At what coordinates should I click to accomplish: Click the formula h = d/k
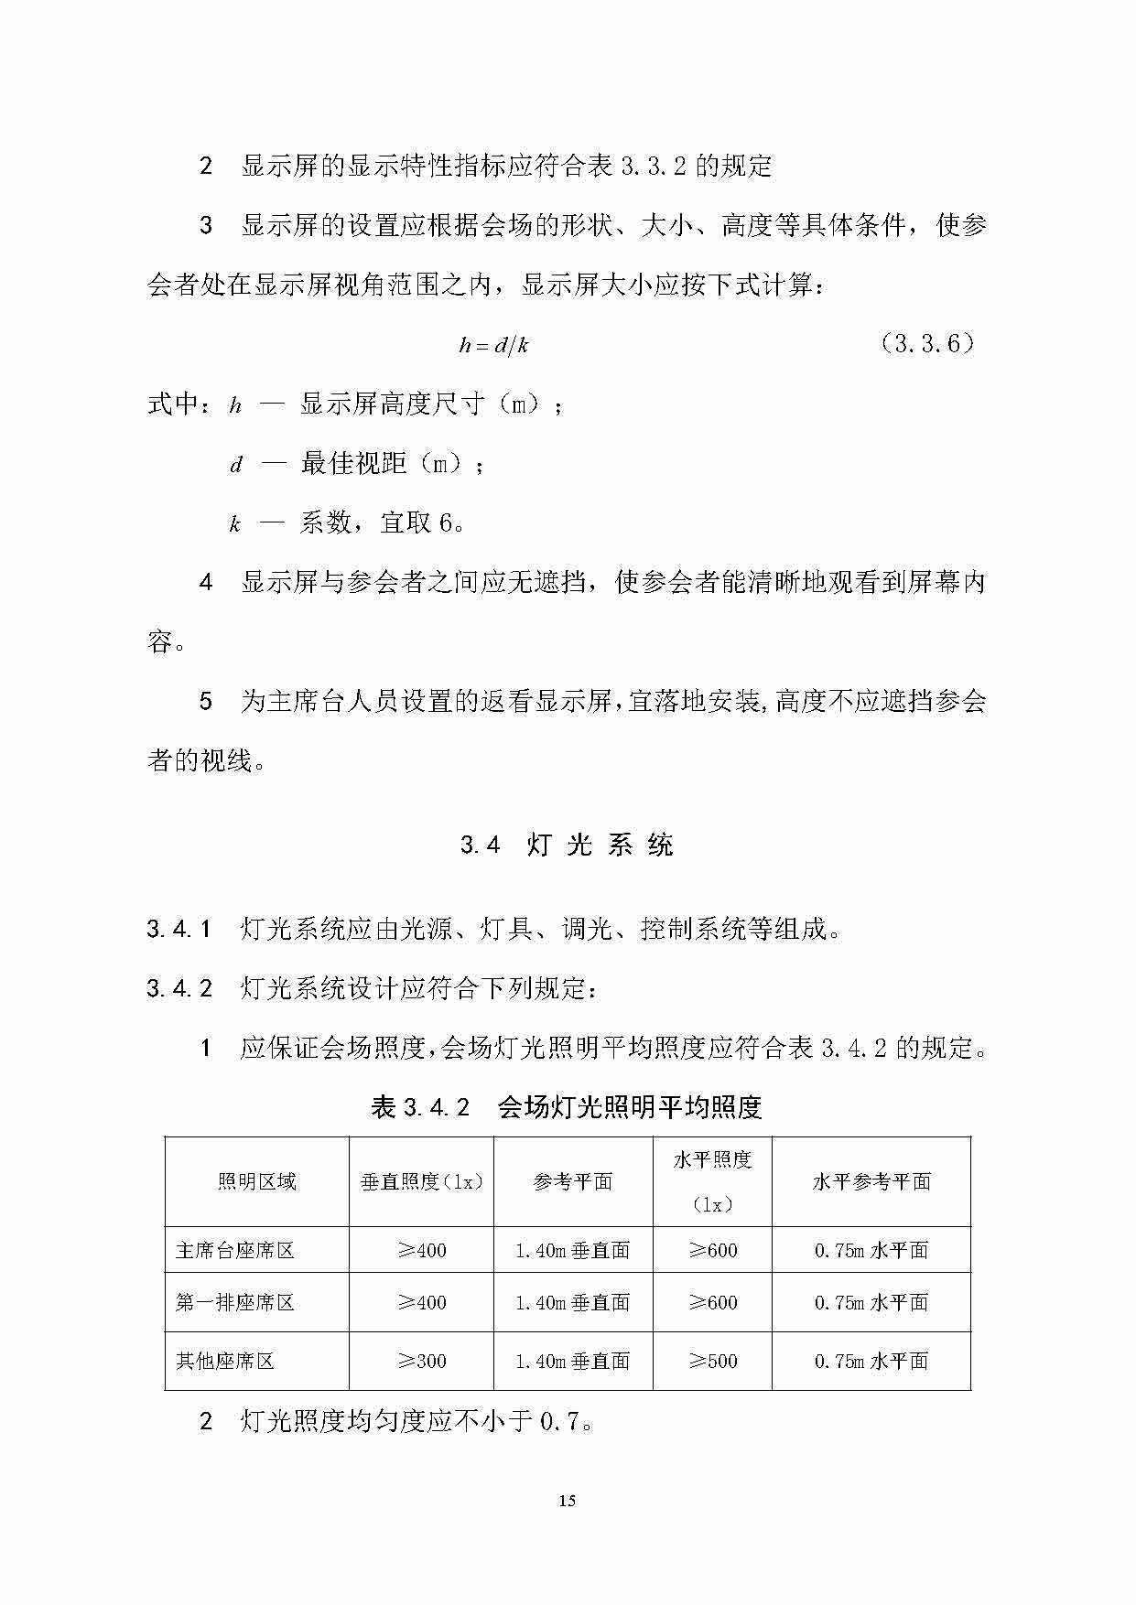pyautogui.click(x=493, y=345)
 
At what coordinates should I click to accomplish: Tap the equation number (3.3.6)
pyautogui.click(x=926, y=344)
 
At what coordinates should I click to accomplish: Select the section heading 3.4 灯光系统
pyautogui.click(x=567, y=845)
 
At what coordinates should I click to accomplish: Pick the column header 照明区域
pyautogui.click(x=256, y=1182)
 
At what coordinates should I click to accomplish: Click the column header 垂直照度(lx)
pyautogui.click(x=421, y=1182)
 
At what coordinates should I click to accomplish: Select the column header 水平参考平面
pyautogui.click(x=871, y=1182)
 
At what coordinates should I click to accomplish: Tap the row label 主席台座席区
pyautogui.click(x=235, y=1250)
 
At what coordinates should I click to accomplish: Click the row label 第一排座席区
pyautogui.click(x=235, y=1302)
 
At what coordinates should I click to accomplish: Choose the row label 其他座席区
pyautogui.click(x=225, y=1362)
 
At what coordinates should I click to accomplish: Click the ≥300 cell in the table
pyautogui.click(x=422, y=1362)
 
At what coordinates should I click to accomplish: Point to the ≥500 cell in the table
pyautogui.click(x=712, y=1362)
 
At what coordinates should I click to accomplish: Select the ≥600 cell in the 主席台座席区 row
pyautogui.click(x=712, y=1250)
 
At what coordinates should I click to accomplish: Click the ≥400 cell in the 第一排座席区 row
pyautogui.click(x=422, y=1302)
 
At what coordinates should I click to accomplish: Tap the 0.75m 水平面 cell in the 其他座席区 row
pyautogui.click(x=871, y=1362)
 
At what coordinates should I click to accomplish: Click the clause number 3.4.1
pyautogui.click(x=179, y=930)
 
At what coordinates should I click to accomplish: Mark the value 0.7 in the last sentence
pyautogui.click(x=559, y=1422)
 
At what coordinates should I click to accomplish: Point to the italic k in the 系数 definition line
pyautogui.click(x=235, y=524)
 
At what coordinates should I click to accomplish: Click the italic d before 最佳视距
pyautogui.click(x=235, y=465)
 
